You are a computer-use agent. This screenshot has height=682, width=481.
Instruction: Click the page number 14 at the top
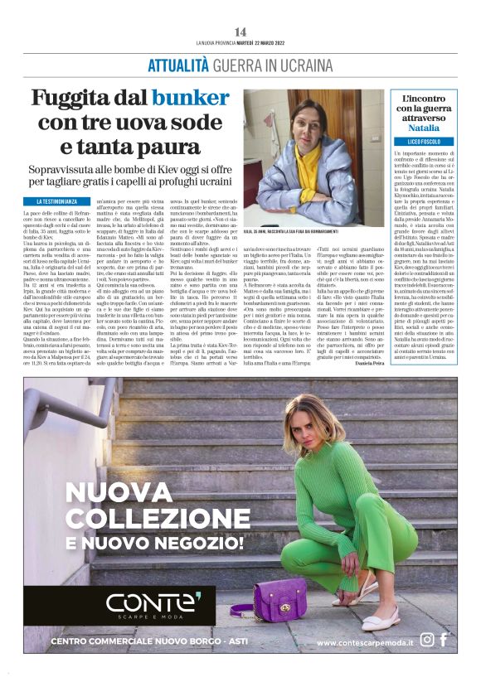click(x=240, y=31)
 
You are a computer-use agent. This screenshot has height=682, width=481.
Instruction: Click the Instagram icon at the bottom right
click(x=427, y=640)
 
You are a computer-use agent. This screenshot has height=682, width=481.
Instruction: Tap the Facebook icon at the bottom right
click(x=444, y=640)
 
